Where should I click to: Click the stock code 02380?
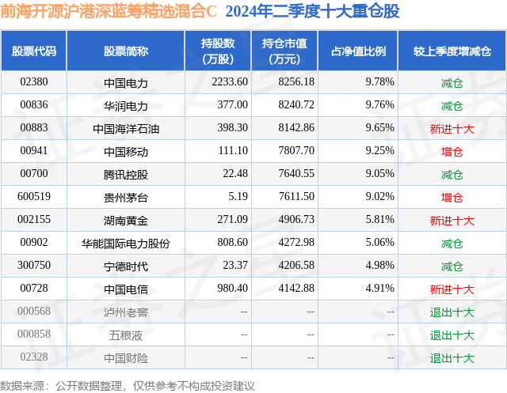click(x=34, y=82)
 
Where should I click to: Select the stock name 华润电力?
click(x=126, y=106)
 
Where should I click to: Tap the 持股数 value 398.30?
click(x=232, y=128)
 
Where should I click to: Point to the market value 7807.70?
click(x=296, y=151)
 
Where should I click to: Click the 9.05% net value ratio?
click(x=380, y=174)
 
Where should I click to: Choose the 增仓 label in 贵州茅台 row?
click(x=452, y=198)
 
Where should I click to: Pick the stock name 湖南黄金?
click(x=126, y=221)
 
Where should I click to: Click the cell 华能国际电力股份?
click(x=126, y=244)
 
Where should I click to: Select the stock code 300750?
click(x=34, y=265)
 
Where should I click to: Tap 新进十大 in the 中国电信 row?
click(x=452, y=289)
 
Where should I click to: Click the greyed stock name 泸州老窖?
click(x=126, y=312)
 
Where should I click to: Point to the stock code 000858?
click(x=34, y=334)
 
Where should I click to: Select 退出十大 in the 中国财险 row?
click(x=452, y=358)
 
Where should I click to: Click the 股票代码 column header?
click(x=34, y=51)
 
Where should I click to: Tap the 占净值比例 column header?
click(x=359, y=51)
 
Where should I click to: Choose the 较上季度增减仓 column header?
click(x=452, y=51)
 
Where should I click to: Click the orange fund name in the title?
click(x=109, y=12)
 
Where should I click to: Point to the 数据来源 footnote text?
click(x=128, y=386)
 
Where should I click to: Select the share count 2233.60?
click(x=230, y=82)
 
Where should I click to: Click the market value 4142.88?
click(x=296, y=288)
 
